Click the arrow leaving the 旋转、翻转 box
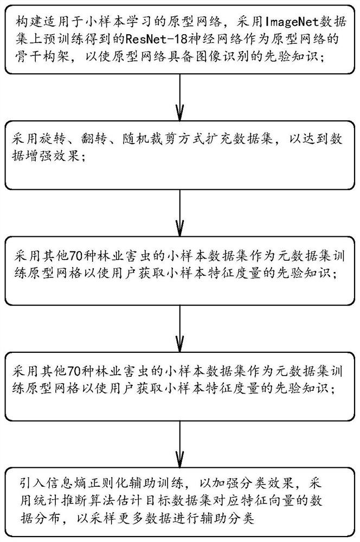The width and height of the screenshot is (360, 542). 179,209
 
